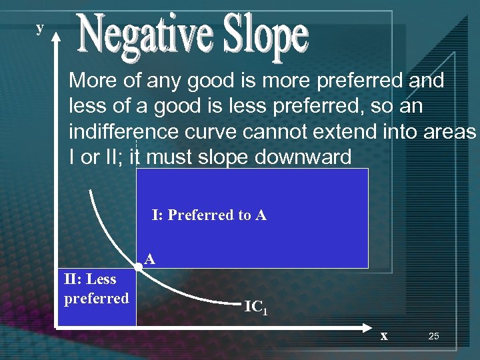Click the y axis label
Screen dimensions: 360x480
[x=40, y=28]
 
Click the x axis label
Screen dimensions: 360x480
[x=383, y=336]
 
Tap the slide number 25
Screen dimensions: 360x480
[x=433, y=337]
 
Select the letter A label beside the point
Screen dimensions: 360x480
[x=150, y=259]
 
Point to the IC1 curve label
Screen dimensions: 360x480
[x=256, y=307]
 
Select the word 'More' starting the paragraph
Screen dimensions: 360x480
[x=92, y=81]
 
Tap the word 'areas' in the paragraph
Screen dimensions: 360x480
[x=449, y=132]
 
